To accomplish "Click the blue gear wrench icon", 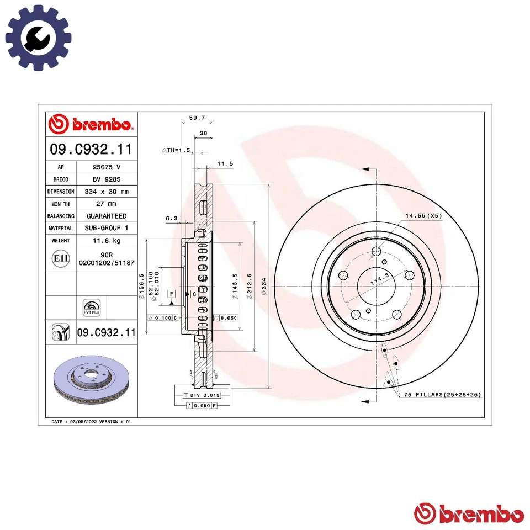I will point(38,38).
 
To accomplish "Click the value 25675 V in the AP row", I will point(106,167).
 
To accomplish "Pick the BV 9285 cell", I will point(106,179).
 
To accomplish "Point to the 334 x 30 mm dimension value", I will point(106,192).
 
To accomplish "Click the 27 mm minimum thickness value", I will point(106,204).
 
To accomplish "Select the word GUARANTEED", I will point(106,216).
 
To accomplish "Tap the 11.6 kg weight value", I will point(106,241).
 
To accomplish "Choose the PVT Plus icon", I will point(91,307).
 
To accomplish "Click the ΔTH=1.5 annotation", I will point(176,150).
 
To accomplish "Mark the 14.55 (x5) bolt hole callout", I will point(423,216).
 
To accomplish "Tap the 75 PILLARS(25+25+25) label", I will point(442,395).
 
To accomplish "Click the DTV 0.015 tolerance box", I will point(204,395).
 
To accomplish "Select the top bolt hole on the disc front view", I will point(377,252).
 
